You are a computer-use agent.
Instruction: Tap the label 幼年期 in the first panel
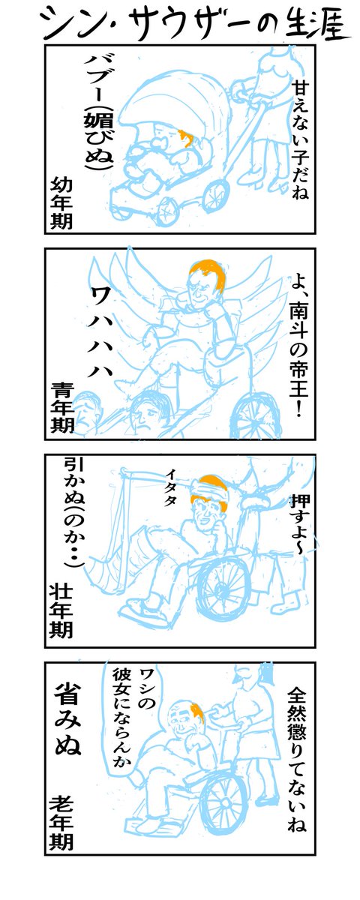pos(61,204)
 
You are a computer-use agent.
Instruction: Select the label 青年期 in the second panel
pos(62,407)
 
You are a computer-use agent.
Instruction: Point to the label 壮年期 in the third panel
pos(61,613)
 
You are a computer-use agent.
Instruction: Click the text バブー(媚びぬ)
pos(98,112)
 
